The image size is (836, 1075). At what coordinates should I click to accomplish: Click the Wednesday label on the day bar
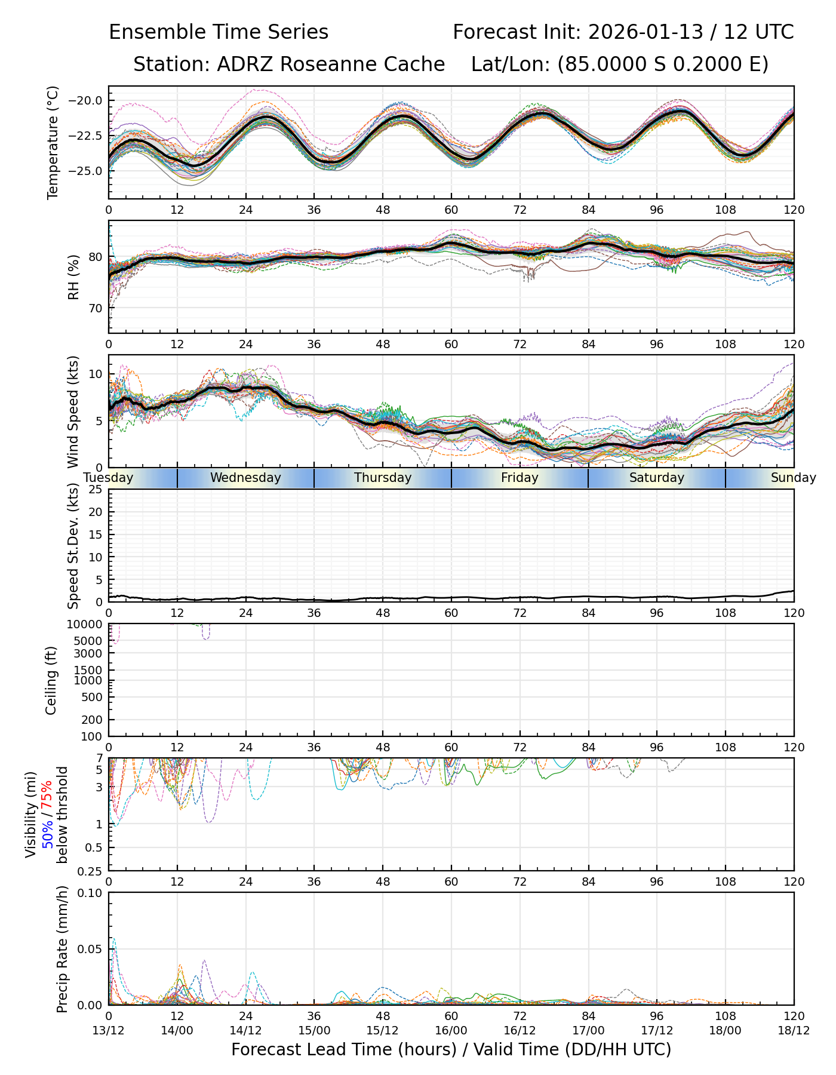click(x=245, y=478)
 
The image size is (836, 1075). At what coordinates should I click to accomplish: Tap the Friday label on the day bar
click(x=520, y=478)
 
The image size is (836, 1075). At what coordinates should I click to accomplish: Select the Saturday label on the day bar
click(x=657, y=478)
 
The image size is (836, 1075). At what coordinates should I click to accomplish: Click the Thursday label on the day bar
click(x=383, y=478)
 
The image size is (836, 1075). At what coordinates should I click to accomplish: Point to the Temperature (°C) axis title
click(x=53, y=142)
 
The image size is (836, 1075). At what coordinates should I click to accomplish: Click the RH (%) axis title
click(x=73, y=277)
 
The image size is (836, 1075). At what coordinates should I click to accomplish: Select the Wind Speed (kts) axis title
click(x=73, y=411)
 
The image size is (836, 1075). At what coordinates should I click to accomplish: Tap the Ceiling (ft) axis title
click(x=52, y=680)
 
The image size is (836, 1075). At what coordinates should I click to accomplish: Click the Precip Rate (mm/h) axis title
click(x=62, y=949)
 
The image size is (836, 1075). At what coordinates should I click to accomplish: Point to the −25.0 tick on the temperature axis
click(x=87, y=171)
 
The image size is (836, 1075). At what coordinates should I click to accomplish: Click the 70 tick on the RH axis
click(x=95, y=309)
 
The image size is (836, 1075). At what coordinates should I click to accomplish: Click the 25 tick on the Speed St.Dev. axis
click(x=96, y=490)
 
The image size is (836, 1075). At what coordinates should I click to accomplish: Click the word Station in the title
click(x=169, y=64)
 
